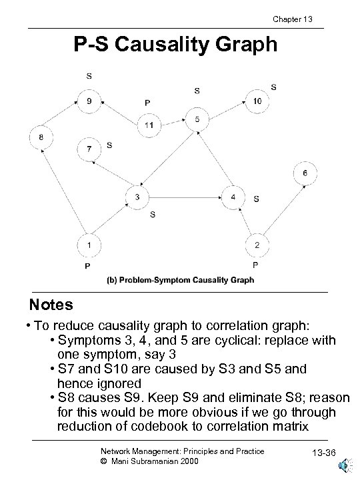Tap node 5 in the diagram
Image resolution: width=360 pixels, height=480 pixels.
(197, 119)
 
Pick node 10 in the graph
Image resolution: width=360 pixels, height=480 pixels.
(257, 101)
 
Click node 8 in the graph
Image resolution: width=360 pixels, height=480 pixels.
(41, 137)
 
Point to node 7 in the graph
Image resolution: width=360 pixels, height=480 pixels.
(89, 149)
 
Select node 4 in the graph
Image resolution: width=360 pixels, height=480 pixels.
(233, 197)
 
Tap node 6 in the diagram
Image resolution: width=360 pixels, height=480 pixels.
(305, 173)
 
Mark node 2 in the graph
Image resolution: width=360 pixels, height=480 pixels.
(257, 245)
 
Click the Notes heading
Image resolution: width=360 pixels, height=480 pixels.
(51, 305)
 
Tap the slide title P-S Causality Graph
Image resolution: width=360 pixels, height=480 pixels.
(175, 45)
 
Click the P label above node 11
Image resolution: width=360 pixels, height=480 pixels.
(147, 103)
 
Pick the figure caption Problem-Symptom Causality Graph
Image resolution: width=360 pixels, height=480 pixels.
(180, 281)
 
